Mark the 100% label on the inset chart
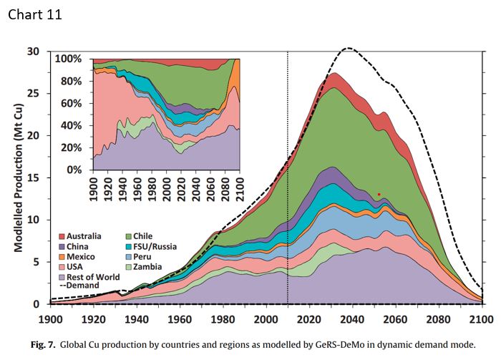pos(71,58)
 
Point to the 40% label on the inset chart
pos(74,125)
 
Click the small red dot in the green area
pos(379,194)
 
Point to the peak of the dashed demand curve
pos(349,49)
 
